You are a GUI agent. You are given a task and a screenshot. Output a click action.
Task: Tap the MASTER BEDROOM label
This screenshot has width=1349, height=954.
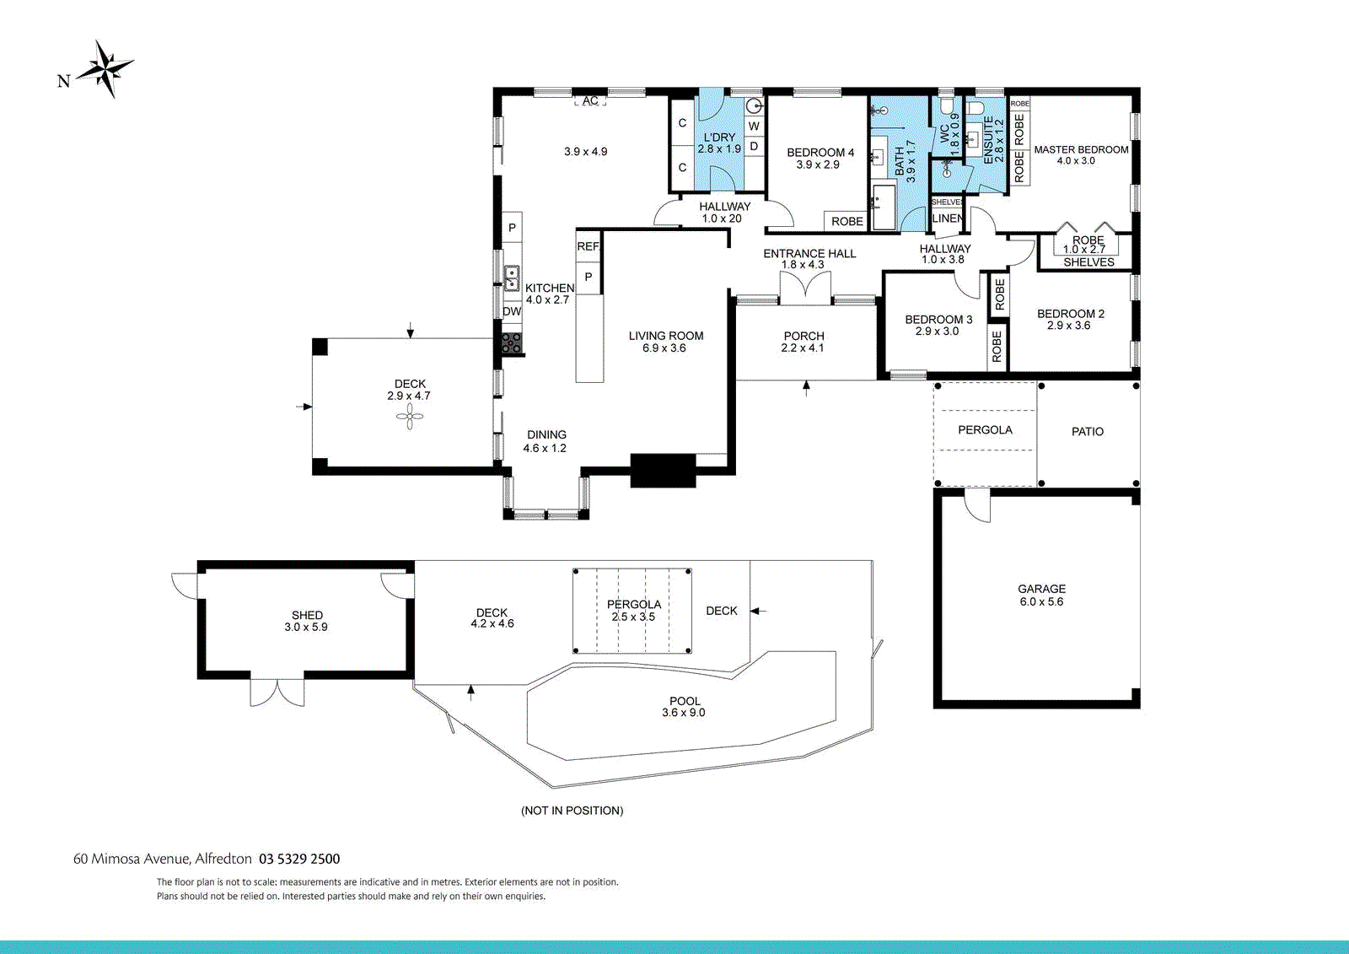[1081, 150]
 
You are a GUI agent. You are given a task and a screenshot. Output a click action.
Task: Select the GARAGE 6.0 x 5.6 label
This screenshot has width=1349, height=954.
[1041, 596]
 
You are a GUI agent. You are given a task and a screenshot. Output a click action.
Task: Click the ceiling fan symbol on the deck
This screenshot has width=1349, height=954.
[410, 416]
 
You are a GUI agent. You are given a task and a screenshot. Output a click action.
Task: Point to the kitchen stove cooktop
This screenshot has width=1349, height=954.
[512, 342]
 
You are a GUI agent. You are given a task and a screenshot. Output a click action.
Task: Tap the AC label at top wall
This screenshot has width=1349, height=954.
[590, 100]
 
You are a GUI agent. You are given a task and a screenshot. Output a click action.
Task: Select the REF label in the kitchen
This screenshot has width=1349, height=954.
[588, 246]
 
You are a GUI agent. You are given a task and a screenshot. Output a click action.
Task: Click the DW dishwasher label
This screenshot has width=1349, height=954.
[512, 311]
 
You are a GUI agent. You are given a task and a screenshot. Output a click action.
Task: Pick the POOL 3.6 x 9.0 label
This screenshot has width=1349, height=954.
[684, 707]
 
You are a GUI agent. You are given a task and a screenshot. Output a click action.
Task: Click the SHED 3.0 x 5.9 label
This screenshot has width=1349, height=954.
[306, 621]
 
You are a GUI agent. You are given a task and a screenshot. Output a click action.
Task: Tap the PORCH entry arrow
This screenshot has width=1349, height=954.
[806, 388]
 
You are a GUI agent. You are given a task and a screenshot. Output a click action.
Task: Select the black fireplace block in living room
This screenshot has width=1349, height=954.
[663, 471]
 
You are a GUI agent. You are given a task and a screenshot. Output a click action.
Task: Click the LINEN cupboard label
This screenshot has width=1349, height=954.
[947, 218]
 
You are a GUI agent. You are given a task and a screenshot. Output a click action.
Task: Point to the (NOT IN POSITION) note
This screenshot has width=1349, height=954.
[572, 811]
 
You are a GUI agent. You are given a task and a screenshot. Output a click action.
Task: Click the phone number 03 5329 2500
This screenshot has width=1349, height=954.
[299, 859]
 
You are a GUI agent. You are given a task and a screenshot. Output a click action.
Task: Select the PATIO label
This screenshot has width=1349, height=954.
[1087, 432]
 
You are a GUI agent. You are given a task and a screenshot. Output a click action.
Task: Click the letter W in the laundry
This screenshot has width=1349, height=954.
[754, 127]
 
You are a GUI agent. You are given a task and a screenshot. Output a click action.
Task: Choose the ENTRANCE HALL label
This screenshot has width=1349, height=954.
[809, 254]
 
